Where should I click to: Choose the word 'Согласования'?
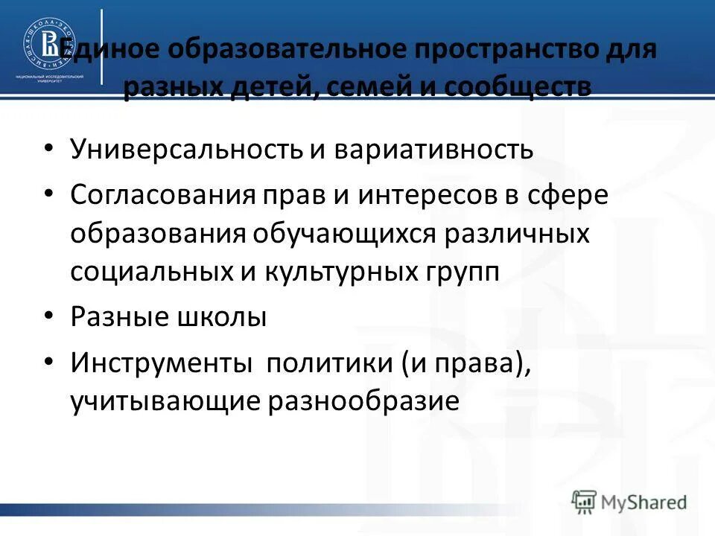tap(163, 195)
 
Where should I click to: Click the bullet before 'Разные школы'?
tap(48, 316)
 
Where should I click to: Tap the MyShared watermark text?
tap(645, 502)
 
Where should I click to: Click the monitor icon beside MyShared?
tap(585, 502)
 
